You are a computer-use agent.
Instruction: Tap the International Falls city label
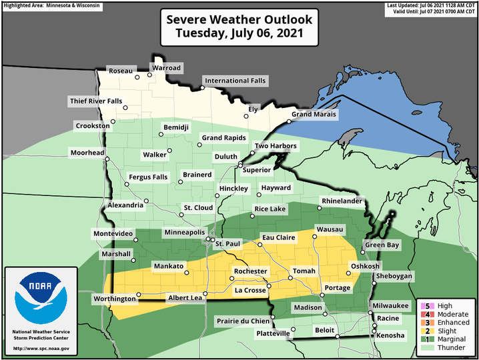click(x=235, y=81)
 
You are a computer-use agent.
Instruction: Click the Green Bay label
click(x=382, y=245)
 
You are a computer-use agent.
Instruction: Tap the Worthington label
click(x=115, y=299)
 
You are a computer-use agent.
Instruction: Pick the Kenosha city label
click(x=390, y=335)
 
